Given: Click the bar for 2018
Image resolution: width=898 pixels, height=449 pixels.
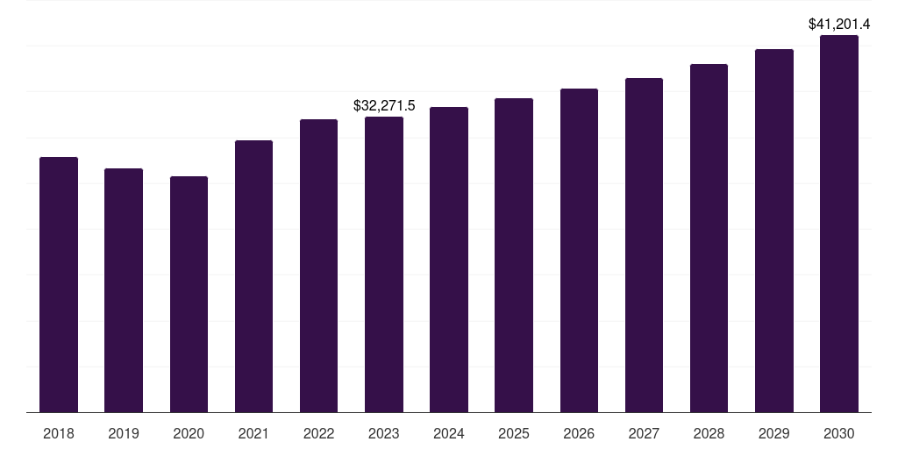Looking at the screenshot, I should [x=59, y=285].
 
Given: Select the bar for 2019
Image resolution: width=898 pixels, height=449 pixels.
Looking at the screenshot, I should [x=124, y=290].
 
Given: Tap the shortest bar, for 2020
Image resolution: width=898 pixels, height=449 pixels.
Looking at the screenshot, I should [x=189, y=295].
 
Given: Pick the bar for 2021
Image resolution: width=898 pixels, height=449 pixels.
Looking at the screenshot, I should [x=253, y=276].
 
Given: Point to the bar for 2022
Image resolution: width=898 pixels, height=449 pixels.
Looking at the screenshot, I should [x=318, y=266].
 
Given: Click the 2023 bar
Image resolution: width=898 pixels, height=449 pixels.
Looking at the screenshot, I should [x=384, y=265].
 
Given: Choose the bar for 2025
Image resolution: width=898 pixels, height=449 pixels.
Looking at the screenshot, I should [x=514, y=255].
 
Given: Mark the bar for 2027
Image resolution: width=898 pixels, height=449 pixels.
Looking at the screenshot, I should [x=644, y=246].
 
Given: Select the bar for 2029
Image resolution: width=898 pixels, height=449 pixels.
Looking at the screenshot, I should [x=774, y=231].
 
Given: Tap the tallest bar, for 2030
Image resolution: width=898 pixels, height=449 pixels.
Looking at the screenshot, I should [x=839, y=224].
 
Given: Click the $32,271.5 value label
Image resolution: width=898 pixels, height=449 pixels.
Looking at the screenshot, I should [x=384, y=105].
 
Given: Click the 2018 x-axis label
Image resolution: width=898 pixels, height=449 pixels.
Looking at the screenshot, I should [x=59, y=433].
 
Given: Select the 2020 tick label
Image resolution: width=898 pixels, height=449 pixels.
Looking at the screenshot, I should [x=189, y=433].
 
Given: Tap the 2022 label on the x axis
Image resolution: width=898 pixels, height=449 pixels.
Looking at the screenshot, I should [x=318, y=433].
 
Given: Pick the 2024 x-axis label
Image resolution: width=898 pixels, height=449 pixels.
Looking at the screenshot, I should [x=449, y=433].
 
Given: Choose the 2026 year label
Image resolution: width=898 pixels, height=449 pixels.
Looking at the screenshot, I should [x=579, y=433].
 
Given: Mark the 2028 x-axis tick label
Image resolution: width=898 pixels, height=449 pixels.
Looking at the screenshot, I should [x=709, y=433].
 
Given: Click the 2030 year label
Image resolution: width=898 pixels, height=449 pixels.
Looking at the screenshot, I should [x=839, y=433].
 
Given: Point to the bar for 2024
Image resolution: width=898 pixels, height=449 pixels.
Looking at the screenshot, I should [x=449, y=260].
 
